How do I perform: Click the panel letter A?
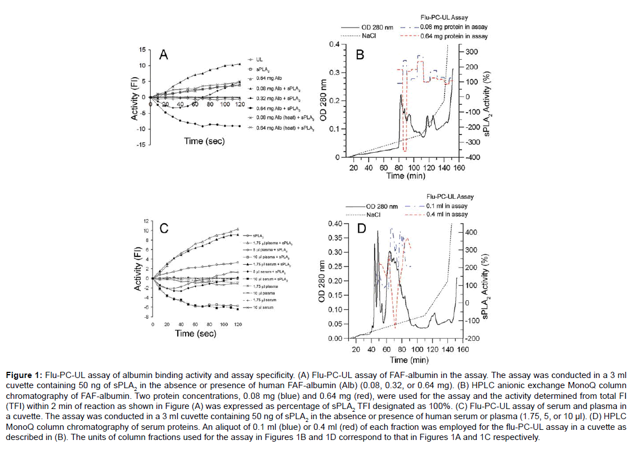[x=164, y=55]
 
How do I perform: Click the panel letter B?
[x=361, y=55]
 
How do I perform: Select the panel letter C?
[x=164, y=228]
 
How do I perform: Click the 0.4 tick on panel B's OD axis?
[x=335, y=45]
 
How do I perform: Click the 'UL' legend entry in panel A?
[x=259, y=59]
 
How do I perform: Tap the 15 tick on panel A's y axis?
[x=143, y=50]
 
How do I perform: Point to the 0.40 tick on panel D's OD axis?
[x=334, y=224]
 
